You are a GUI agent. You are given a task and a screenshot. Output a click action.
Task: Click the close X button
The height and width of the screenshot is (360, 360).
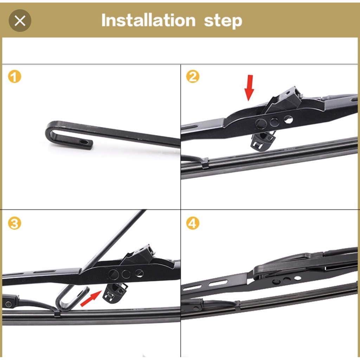pos(20,21)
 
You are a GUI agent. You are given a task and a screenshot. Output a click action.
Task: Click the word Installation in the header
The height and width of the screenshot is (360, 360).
pos(148,20)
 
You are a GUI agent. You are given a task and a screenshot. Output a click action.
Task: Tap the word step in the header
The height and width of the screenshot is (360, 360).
pos(223,21)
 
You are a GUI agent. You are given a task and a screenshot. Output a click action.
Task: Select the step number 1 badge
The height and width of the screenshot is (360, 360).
pos(14,76)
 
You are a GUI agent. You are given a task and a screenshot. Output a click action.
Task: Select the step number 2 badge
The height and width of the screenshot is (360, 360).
pos(193,76)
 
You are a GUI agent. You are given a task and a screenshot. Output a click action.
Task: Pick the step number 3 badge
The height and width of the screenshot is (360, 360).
pos(14,223)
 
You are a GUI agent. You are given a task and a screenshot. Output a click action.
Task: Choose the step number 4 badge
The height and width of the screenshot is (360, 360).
pos(193,223)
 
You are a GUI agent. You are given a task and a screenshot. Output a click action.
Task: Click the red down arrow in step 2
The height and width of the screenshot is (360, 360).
pos(249,88)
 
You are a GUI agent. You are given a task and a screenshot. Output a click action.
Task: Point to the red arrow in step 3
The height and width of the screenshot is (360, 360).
pos(91,298)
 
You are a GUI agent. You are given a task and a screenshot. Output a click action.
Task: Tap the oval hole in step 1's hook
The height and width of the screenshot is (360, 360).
pos(84,142)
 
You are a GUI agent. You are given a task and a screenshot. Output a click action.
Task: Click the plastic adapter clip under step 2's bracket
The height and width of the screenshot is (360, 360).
pos(263,141)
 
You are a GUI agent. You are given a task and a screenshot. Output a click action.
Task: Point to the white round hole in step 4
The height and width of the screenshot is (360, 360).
pos(297,278)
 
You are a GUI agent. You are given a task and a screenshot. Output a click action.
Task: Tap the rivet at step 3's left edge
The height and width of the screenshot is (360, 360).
pos(8,304)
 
